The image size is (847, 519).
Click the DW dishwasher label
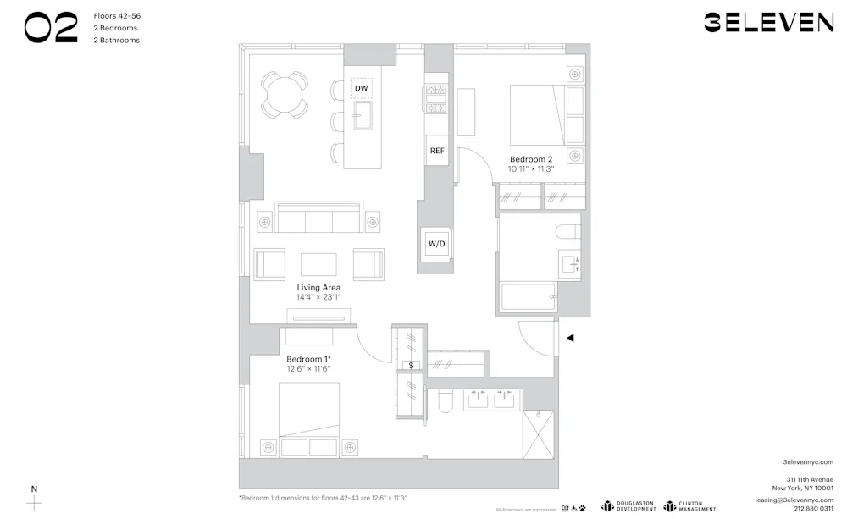coord(362,88)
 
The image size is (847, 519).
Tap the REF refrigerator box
coord(437,151)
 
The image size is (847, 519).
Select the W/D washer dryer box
coord(437,244)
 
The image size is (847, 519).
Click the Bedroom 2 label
coord(531,159)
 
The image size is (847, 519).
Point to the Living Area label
coord(318,288)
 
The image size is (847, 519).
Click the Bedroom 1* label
coord(307,359)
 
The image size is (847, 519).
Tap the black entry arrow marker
coord(570,338)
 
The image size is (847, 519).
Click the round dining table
coord(285,94)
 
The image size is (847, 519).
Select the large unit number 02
coord(51,27)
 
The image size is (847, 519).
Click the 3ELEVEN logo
coord(768,23)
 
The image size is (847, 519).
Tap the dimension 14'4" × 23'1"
coord(318,298)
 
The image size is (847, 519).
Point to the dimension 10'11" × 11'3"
coord(531,168)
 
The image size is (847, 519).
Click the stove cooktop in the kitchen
coord(436,98)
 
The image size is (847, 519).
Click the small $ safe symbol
coord(412,366)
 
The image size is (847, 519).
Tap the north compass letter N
coord(34,489)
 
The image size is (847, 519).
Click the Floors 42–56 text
coord(115,15)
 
